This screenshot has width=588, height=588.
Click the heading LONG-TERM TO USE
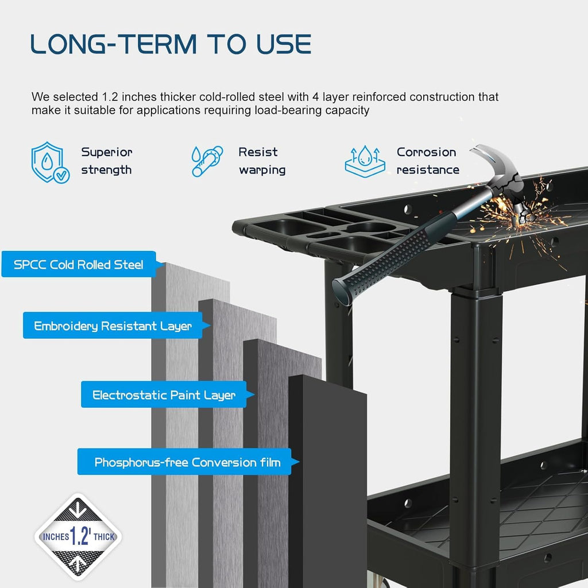click(x=171, y=44)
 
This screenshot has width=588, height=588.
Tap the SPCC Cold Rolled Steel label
click(x=79, y=264)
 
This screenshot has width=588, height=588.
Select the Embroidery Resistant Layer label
click(x=113, y=326)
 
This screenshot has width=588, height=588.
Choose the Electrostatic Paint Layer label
click(x=164, y=394)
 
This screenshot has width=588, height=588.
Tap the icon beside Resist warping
click(x=207, y=161)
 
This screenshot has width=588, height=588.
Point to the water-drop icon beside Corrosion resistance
click(x=365, y=161)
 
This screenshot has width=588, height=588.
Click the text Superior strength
click(x=107, y=161)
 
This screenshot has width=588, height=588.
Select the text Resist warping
click(x=262, y=161)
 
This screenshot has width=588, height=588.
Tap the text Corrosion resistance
click(x=428, y=161)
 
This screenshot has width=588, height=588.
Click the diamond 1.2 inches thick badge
click(x=78, y=537)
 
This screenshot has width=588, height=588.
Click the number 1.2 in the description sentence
click(x=110, y=96)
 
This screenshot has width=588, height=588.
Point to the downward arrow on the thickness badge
click(x=78, y=509)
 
